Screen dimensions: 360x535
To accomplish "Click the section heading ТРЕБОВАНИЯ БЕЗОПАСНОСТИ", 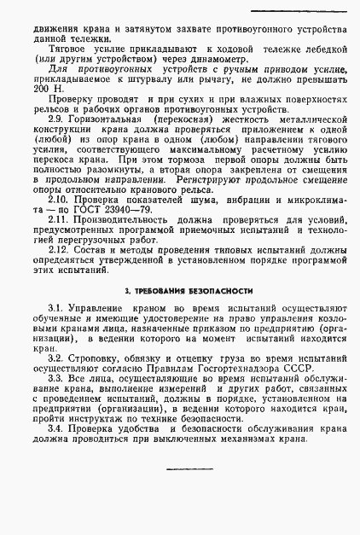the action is [179, 292].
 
